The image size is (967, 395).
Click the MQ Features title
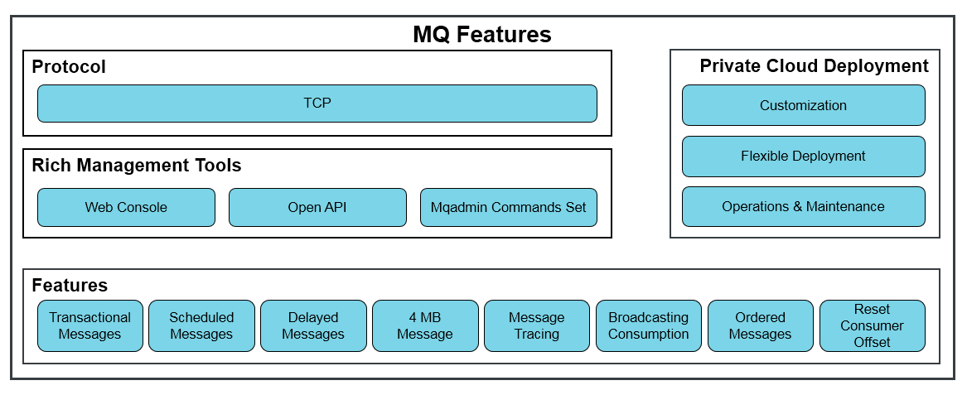click(482, 35)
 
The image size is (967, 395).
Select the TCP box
click(317, 104)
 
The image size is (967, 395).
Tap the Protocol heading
click(69, 66)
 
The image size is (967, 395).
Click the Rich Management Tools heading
click(136, 165)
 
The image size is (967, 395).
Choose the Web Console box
click(127, 207)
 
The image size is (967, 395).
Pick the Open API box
click(317, 207)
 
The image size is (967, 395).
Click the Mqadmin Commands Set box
click(509, 207)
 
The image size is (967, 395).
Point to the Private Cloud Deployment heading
click(814, 66)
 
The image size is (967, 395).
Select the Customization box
click(804, 105)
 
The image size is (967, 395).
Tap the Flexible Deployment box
click(804, 156)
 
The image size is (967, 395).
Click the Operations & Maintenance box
click(804, 206)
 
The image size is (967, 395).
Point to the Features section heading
click(70, 286)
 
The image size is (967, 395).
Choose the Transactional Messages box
click(90, 326)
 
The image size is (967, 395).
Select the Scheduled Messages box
click(201, 326)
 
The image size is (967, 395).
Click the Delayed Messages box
click(313, 326)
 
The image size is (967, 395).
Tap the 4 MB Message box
click(426, 326)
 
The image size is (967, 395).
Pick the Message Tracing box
click(537, 326)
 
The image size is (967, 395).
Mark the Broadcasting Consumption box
click(649, 326)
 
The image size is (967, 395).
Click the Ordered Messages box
click(761, 326)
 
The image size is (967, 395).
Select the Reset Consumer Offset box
click(872, 326)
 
